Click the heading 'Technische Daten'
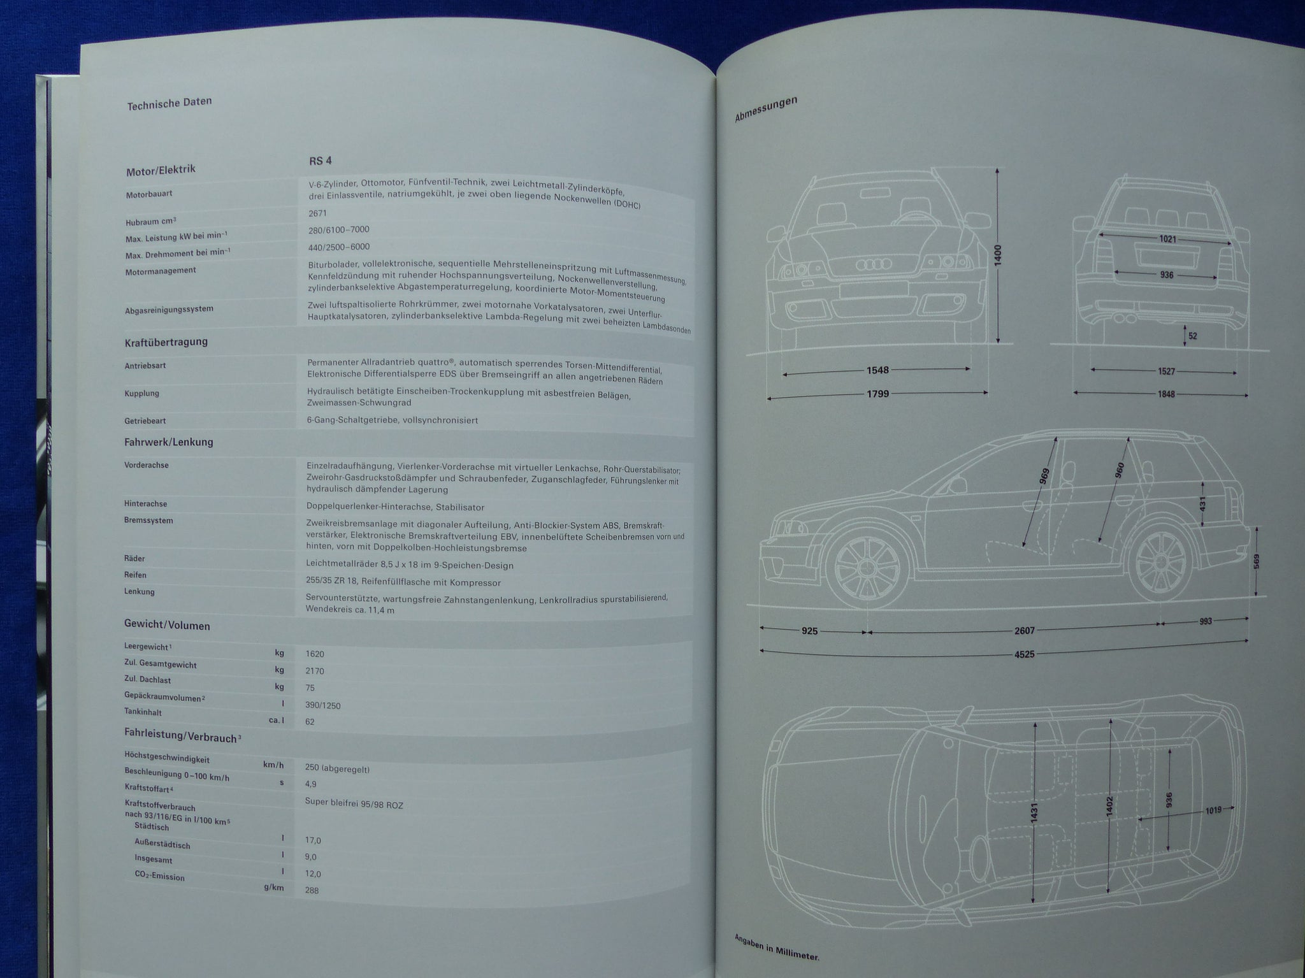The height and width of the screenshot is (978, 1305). pos(169,103)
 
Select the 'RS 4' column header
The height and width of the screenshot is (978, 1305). pos(320,161)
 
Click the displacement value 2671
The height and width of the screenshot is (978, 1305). pos(318,213)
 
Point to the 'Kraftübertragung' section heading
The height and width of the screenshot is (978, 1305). pos(166,342)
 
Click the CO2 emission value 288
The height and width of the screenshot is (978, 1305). pos(312,890)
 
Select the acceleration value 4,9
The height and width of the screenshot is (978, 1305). pos(311,784)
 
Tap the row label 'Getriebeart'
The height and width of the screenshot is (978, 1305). pos(146,421)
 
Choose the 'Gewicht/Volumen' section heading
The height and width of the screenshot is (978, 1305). pos(167,626)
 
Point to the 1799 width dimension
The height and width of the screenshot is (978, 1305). pos(878,394)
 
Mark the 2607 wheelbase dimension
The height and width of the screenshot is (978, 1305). pos(1025,630)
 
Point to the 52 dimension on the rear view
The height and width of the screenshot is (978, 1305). pos(1193,336)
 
